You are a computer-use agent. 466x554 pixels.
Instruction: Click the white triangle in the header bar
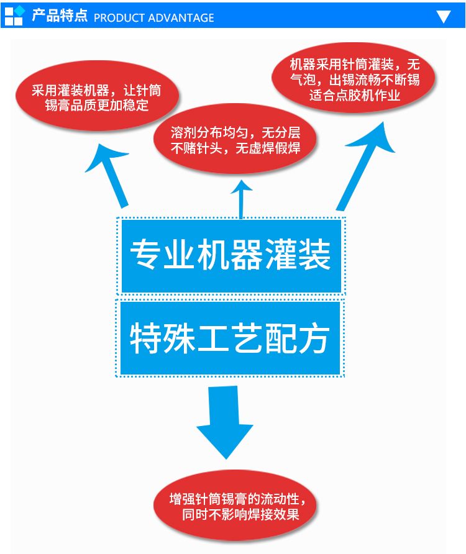point(444,16)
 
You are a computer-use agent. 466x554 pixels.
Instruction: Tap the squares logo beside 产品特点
point(14,16)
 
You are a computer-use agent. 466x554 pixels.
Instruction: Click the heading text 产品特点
point(60,16)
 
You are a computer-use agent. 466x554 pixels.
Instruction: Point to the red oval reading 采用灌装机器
point(97,96)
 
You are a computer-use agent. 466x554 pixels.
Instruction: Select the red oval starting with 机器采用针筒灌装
point(354,78)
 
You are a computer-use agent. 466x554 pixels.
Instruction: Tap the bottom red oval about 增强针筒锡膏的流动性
point(235,505)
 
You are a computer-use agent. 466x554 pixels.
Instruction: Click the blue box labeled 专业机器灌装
point(231,256)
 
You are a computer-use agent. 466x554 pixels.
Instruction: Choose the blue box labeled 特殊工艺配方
point(230,338)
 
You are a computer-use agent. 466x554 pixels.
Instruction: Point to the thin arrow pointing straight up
point(241,199)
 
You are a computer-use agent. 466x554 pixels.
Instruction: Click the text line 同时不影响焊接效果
point(240,514)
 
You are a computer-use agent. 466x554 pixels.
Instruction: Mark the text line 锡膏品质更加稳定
point(96,105)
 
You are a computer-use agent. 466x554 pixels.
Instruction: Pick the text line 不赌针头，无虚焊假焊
point(235,148)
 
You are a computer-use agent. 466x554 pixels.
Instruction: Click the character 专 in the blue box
point(145,255)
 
